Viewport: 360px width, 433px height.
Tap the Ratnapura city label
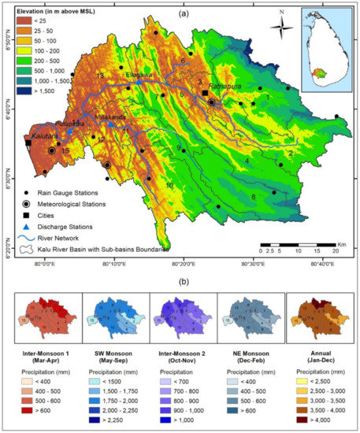pos(225,88)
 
